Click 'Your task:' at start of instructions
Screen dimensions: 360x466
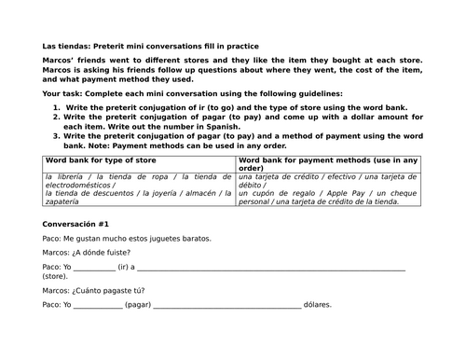[x=62, y=94]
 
